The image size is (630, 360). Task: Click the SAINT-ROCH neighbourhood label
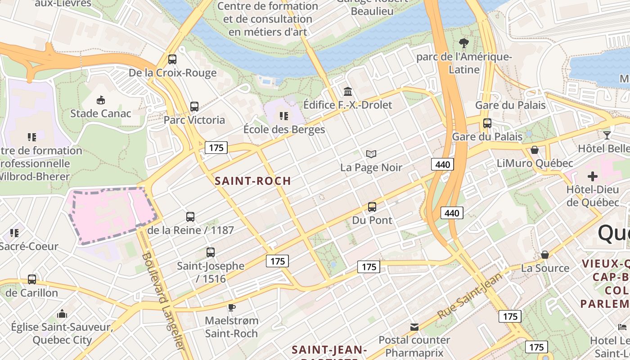pos(252,181)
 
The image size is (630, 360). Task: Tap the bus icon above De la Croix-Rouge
pos(172,59)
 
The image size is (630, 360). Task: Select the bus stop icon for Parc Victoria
pos(194,107)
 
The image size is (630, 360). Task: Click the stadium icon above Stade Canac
pos(100,99)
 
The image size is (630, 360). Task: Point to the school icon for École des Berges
pos(284,116)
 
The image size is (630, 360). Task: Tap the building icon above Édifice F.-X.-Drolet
pos(347,92)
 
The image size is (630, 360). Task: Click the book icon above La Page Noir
pos(371,154)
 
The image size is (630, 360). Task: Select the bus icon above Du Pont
pos(372,207)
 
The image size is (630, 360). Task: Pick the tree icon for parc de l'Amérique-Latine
pos(463,44)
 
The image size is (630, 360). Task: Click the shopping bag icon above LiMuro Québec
pos(535,150)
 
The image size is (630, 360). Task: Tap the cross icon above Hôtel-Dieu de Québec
pos(593,176)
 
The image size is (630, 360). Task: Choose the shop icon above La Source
pos(544,255)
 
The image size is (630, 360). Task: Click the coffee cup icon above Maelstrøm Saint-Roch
pos(231,307)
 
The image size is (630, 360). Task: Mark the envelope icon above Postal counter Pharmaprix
pos(414,327)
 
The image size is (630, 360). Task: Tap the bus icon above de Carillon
pos(31,279)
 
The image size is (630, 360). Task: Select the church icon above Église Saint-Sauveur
pos(62,313)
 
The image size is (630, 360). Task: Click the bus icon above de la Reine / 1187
pos(190,217)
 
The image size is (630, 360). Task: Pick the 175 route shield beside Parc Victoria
pos(216,148)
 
